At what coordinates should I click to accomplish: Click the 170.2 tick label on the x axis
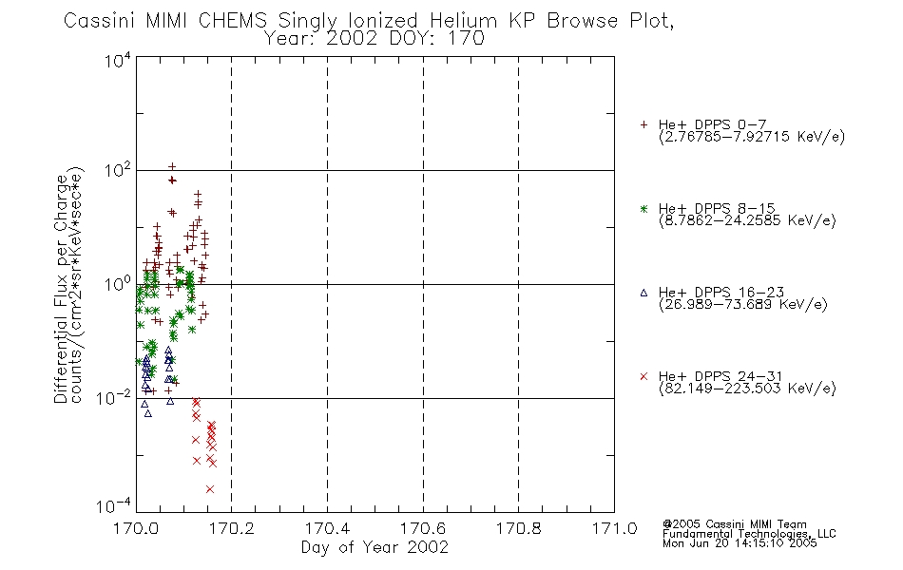pyautogui.click(x=232, y=528)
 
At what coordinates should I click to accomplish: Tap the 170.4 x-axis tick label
pyautogui.click(x=327, y=528)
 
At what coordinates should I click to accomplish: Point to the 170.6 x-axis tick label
pyautogui.click(x=423, y=528)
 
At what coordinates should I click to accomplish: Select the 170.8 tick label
pyautogui.click(x=519, y=528)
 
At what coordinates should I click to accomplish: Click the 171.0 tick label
pyautogui.click(x=614, y=528)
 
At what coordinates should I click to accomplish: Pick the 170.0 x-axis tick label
pyautogui.click(x=136, y=528)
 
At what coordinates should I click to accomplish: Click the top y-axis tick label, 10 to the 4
pyautogui.click(x=118, y=60)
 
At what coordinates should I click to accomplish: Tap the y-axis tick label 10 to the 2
pyautogui.click(x=118, y=171)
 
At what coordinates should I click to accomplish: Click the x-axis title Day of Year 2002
pyautogui.click(x=375, y=547)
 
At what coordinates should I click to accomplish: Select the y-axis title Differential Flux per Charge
pyautogui.click(x=62, y=289)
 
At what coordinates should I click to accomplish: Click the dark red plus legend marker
pyautogui.click(x=644, y=124)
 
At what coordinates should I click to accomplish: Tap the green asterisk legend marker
pyautogui.click(x=644, y=209)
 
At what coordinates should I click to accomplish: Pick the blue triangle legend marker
pyautogui.click(x=644, y=293)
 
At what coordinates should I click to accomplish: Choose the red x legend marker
pyautogui.click(x=644, y=376)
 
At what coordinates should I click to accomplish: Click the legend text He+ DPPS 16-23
pyautogui.click(x=721, y=293)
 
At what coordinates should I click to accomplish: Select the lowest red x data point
pyautogui.click(x=210, y=489)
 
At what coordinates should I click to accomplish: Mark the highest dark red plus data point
pyautogui.click(x=172, y=167)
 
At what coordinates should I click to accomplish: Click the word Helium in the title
pyautogui.click(x=463, y=21)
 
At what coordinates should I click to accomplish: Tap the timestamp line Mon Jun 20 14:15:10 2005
pyautogui.click(x=740, y=543)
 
